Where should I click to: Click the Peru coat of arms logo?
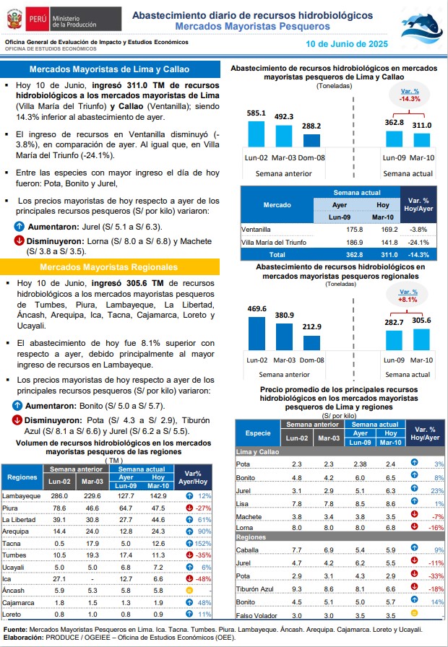point(14,19)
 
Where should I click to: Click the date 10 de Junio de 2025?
point(346,44)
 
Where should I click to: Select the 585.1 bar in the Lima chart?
point(256,134)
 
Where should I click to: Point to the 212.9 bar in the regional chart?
point(311,343)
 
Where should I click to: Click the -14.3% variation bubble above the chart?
point(410,95)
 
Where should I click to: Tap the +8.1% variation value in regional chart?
point(408,300)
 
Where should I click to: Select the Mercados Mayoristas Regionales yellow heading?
point(108,267)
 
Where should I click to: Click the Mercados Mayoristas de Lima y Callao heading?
point(109,69)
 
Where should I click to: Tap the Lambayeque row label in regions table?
point(22,496)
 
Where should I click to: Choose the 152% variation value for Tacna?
point(203,544)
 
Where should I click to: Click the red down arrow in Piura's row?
point(189,508)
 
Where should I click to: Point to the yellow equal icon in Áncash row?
point(189,591)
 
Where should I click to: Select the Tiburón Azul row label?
point(254,589)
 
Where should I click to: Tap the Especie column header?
point(258,433)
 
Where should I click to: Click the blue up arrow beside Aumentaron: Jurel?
point(19,227)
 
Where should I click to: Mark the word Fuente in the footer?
point(15,630)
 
